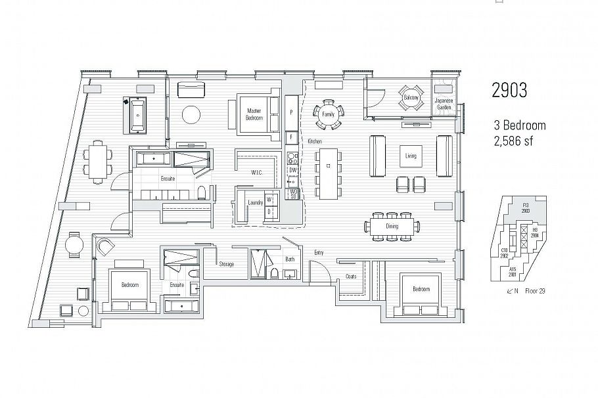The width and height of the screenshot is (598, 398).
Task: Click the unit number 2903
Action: [x=509, y=91]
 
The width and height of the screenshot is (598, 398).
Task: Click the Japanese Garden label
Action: [x=445, y=103]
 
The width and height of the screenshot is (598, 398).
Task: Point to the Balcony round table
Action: [x=411, y=98]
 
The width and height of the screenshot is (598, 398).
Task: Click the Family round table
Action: [x=328, y=114]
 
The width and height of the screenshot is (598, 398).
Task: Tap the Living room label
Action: [x=411, y=156]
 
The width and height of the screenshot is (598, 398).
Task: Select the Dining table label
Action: [x=392, y=226]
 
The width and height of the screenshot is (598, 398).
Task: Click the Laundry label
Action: [x=256, y=203]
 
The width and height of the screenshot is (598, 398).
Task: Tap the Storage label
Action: [x=227, y=264]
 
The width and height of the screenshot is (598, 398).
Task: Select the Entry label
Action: [x=319, y=252]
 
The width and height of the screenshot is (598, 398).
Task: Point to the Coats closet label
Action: [x=351, y=276]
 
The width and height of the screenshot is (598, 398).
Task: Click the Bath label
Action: [x=290, y=259]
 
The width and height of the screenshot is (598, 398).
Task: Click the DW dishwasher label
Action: [x=293, y=170]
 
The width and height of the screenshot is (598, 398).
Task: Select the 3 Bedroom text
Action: [x=520, y=125]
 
